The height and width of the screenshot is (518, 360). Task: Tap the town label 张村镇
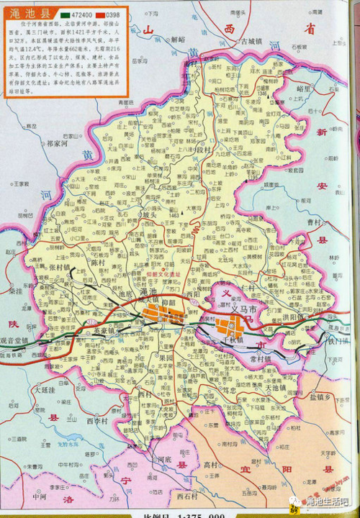(x=61, y=266)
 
